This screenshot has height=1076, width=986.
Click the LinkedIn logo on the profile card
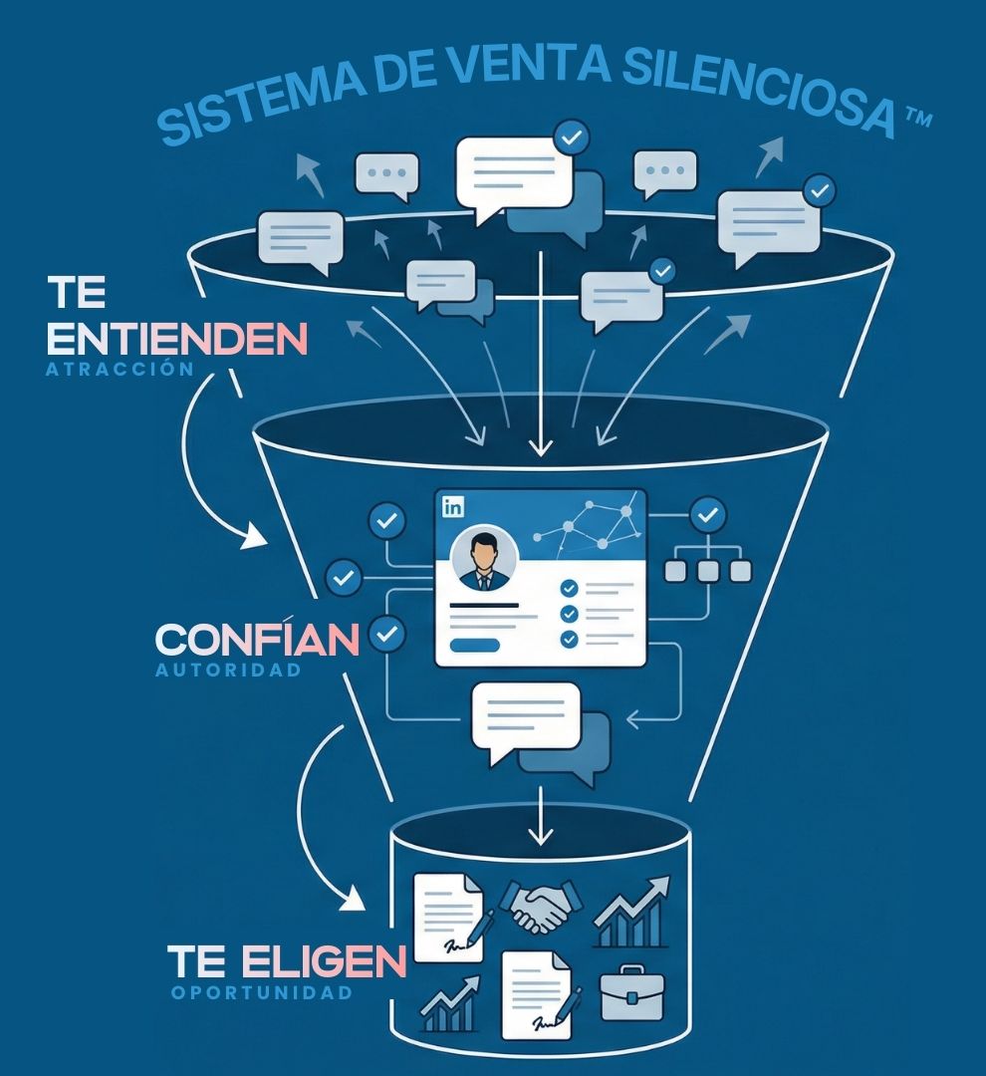[454, 506]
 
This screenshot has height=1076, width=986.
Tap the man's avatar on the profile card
[484, 559]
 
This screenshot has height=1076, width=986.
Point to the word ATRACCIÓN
[119, 369]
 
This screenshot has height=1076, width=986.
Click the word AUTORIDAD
[228, 671]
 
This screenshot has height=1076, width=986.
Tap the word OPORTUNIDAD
[262, 992]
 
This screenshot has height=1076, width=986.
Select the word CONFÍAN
[257, 640]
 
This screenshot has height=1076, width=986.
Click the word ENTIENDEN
[177, 340]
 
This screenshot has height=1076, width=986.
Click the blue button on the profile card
[474, 645]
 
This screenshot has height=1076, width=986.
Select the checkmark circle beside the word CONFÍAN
[387, 633]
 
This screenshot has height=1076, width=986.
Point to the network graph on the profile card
[588, 525]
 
